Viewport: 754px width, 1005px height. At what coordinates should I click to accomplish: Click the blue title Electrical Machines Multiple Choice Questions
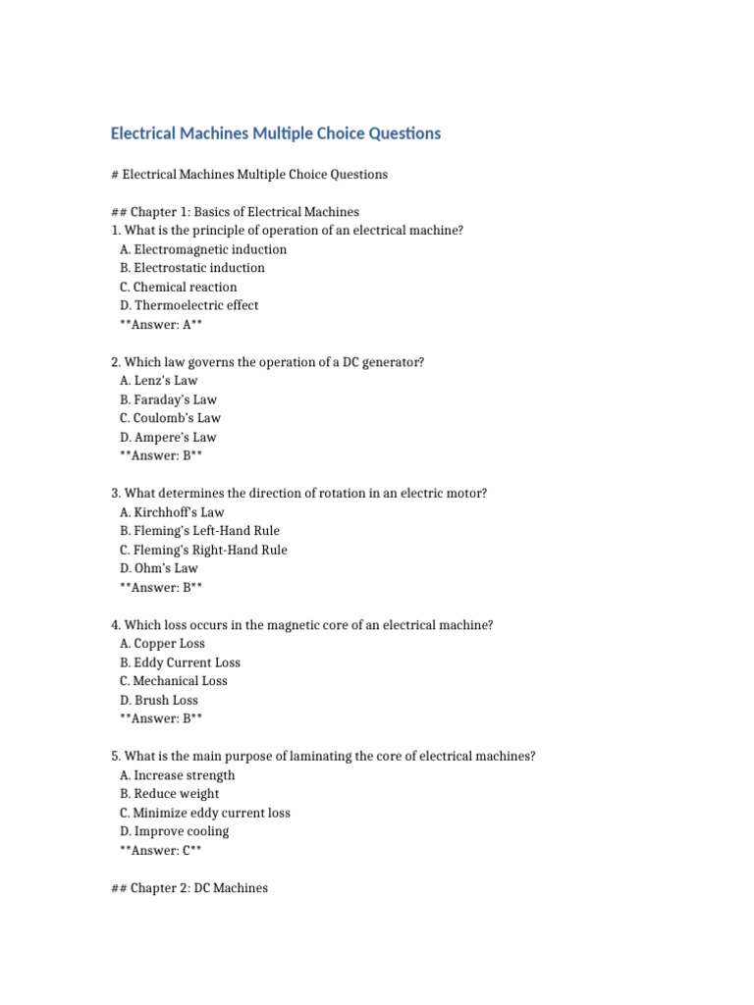tap(276, 133)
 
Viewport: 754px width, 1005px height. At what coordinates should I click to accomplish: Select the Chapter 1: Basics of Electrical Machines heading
tap(236, 212)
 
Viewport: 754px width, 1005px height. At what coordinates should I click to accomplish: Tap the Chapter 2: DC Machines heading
tap(190, 888)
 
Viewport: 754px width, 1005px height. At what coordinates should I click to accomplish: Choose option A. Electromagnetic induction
tap(203, 249)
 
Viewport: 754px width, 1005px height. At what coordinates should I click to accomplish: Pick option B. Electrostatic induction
tap(192, 268)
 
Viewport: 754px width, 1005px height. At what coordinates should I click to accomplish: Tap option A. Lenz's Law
tap(159, 381)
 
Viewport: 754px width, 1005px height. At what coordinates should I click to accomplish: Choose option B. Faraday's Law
tap(168, 399)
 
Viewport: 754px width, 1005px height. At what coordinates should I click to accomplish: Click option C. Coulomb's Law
tap(170, 418)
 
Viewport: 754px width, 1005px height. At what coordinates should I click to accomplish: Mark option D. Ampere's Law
tap(168, 437)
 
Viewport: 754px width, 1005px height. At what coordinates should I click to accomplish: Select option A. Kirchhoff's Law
tap(172, 512)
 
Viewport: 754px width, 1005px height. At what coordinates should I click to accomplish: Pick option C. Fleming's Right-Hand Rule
tap(203, 550)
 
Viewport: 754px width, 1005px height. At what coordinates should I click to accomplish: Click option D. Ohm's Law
tap(159, 568)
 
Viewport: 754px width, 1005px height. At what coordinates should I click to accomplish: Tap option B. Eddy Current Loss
tap(180, 662)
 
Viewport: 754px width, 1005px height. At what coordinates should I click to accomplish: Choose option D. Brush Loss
tap(159, 700)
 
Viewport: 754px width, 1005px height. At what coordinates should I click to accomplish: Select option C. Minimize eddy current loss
tap(205, 813)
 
